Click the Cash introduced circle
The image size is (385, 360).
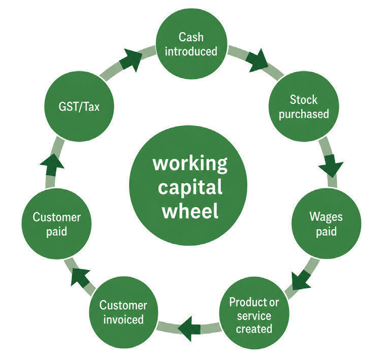(x=191, y=44)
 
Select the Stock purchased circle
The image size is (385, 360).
(x=304, y=106)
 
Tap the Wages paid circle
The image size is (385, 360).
(x=326, y=223)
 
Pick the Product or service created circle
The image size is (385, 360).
(x=254, y=315)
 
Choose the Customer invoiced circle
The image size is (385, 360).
(x=123, y=312)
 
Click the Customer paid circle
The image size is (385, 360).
(x=56, y=224)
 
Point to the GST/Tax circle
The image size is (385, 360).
(x=79, y=106)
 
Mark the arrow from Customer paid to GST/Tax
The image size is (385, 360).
(x=52, y=165)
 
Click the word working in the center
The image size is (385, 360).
(x=190, y=164)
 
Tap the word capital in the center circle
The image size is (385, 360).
(x=190, y=187)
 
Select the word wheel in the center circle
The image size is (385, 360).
(x=190, y=211)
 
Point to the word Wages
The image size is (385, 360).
(x=326, y=217)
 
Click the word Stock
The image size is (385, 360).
(x=304, y=100)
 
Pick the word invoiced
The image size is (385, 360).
(x=123, y=319)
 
